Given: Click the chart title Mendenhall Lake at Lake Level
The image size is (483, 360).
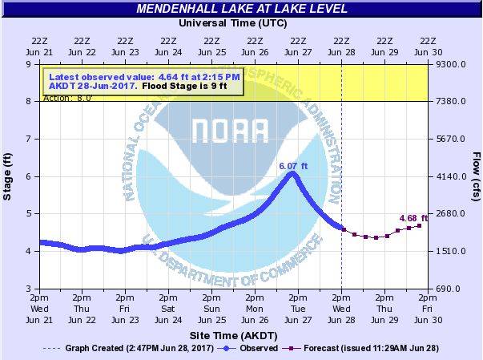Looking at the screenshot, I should pos(241,9).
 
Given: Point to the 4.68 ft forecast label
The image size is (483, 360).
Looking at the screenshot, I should pos(413,217).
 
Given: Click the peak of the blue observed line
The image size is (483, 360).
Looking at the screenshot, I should pos(292,173).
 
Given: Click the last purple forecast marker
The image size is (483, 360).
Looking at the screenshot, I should pos(419,225).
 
